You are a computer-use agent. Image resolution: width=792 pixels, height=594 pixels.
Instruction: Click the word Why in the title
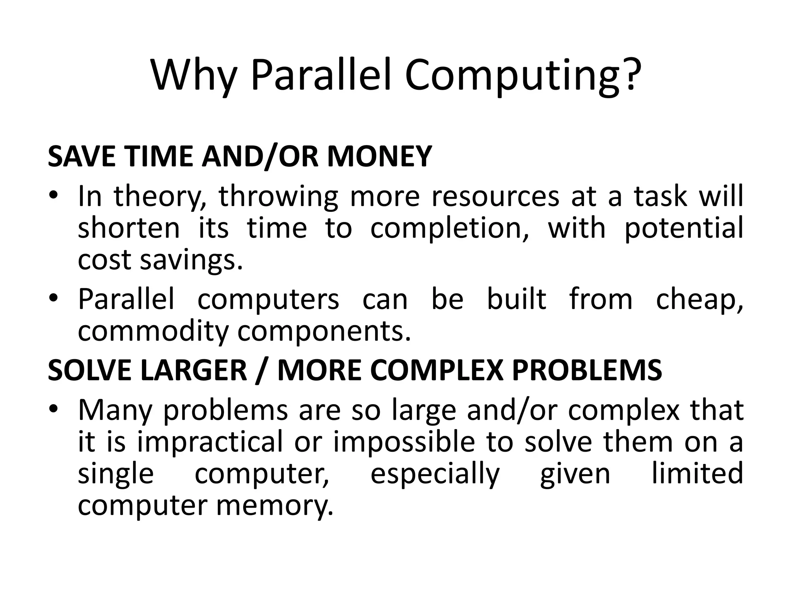[193, 75]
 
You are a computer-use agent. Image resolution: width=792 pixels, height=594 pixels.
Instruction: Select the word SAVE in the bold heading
[81, 156]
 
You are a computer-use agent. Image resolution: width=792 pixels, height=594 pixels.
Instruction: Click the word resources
[495, 196]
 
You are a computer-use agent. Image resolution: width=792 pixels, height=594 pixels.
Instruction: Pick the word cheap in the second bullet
[699, 300]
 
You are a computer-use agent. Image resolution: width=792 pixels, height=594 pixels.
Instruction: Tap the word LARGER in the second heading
[193, 370]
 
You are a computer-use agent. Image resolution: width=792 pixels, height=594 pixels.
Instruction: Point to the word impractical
[210, 442]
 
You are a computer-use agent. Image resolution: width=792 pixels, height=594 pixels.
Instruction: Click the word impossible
[404, 442]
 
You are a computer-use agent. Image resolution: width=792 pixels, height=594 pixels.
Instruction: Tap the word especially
[435, 475]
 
